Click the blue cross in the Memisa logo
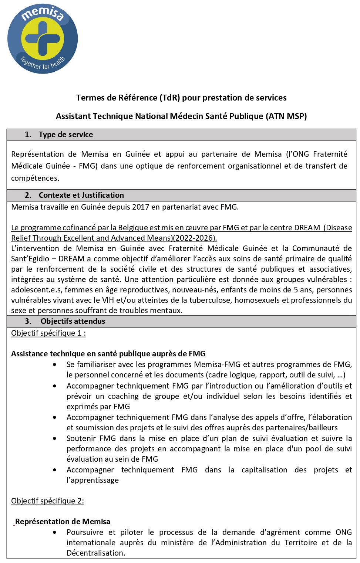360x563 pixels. (x=42, y=38)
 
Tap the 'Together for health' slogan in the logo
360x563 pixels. (x=42, y=64)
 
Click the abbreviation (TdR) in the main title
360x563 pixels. (x=170, y=98)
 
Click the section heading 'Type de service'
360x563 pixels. (x=65, y=135)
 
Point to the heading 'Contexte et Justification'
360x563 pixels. (x=81, y=195)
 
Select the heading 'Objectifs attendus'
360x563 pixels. (x=73, y=321)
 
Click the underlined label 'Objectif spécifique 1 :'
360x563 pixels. (x=48, y=333)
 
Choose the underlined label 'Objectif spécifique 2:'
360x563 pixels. (x=47, y=501)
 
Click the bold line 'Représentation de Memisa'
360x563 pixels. (x=63, y=522)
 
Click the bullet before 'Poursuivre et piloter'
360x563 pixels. (x=55, y=533)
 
